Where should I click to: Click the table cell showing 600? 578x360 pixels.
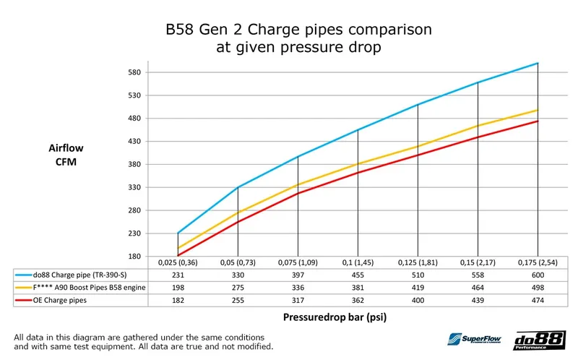click(537, 275)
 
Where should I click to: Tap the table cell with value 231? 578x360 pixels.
click(178, 275)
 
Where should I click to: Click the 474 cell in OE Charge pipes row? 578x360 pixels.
click(537, 299)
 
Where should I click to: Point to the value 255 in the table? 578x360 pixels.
click(238, 299)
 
